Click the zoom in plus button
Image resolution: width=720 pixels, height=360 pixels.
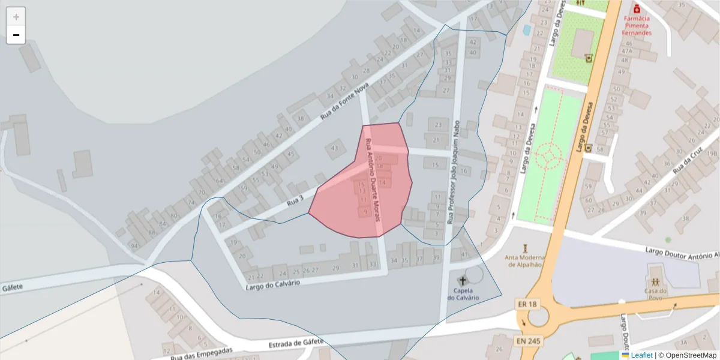coord(16,17)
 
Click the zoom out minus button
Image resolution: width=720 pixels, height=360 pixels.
coord(16,35)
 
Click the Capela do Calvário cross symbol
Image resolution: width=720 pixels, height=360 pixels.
coord(463,280)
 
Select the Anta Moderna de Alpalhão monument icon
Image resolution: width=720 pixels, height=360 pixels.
coord(525,248)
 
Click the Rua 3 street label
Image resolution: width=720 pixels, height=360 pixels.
coord(295,202)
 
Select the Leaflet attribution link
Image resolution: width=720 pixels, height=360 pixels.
coord(641,355)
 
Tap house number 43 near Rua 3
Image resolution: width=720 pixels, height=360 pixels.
coord(334,148)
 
